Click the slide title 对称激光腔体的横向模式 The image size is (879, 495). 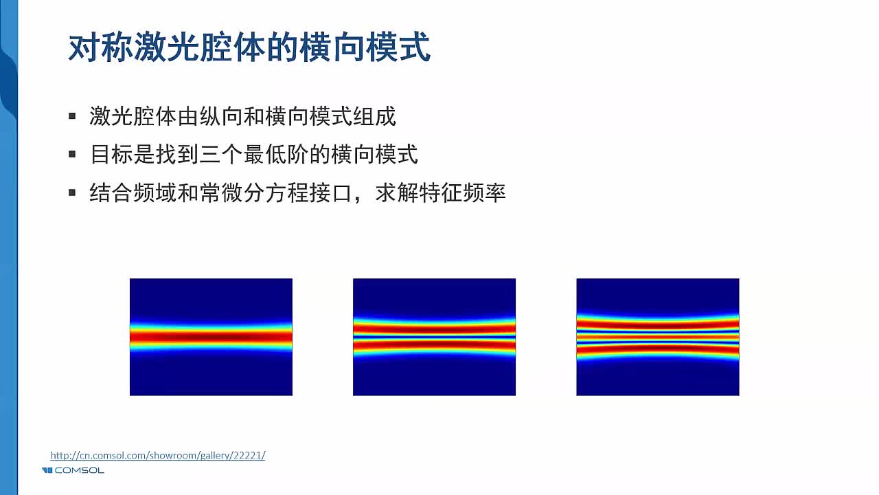pyautogui.click(x=249, y=48)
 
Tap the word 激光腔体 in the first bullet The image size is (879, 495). pyautogui.click(x=128, y=116)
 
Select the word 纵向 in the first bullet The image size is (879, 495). pyautogui.click(x=199, y=116)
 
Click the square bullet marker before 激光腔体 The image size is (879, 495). pyautogui.click(x=72, y=116)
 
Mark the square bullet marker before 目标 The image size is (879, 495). pyautogui.click(x=72, y=154)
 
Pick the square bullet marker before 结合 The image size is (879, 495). pyautogui.click(x=72, y=192)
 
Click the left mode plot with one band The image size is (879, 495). pyautogui.click(x=211, y=337)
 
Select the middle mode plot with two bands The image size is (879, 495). pyautogui.click(x=434, y=337)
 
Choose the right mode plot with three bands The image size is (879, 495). pyautogui.click(x=657, y=337)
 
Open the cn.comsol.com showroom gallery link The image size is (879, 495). pyautogui.click(x=157, y=455)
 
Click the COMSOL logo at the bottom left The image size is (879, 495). pyautogui.click(x=73, y=470)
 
